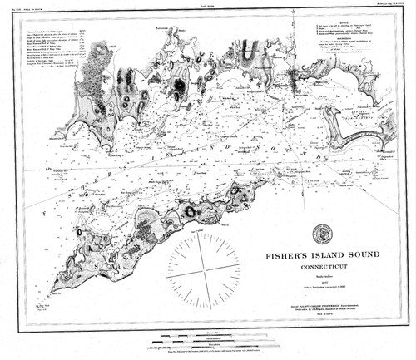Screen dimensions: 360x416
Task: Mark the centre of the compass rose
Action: [x=205, y=269]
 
